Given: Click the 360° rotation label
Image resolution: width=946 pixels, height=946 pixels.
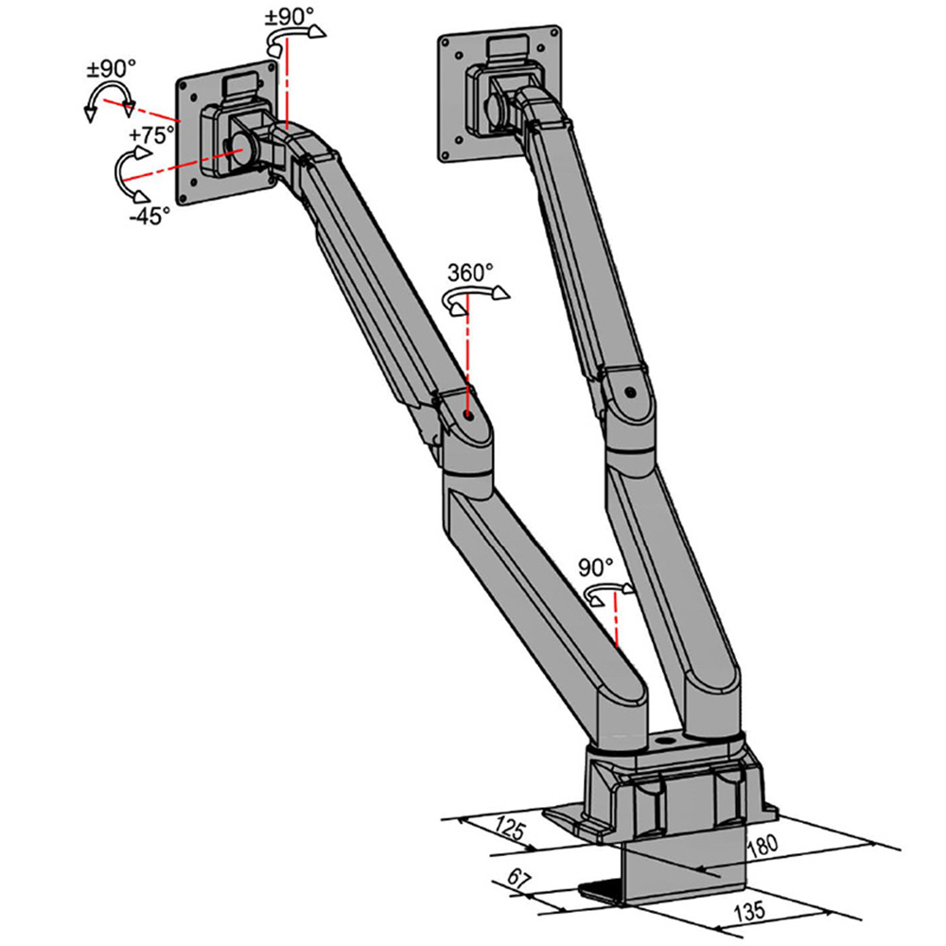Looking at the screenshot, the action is (x=470, y=272).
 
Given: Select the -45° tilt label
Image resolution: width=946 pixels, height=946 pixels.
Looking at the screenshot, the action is (x=149, y=216).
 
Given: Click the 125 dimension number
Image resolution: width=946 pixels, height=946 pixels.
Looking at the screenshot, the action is (x=511, y=829).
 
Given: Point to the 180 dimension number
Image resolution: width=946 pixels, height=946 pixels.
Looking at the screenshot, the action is (x=763, y=846).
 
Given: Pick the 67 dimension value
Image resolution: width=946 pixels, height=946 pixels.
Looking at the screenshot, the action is (x=518, y=879).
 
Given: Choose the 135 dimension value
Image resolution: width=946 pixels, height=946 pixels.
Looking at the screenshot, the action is (x=749, y=911).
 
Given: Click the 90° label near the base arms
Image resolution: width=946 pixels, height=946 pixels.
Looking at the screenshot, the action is (x=595, y=568).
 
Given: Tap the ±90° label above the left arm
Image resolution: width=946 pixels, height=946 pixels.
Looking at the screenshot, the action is (x=286, y=17).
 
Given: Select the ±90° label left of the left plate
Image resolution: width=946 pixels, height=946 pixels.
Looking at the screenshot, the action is (x=112, y=69).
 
